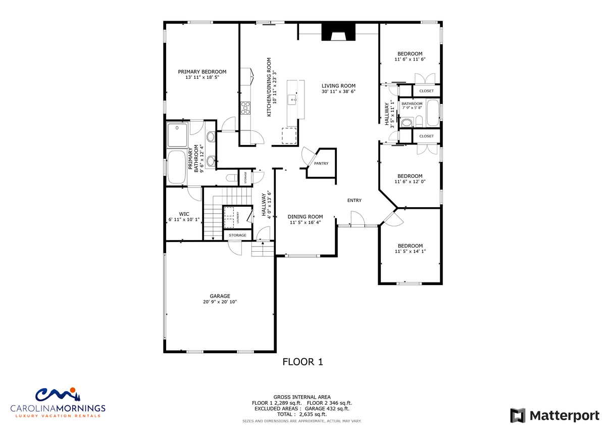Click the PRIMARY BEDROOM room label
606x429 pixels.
202,72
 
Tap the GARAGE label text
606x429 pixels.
220,296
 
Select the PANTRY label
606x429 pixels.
321,164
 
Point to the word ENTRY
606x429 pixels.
355,200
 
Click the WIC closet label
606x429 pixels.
184,214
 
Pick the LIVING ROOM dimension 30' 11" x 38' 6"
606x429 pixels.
338,91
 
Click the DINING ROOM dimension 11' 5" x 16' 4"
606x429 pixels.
305,222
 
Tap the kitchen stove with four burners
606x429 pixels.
245,108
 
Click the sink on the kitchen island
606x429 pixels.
292,100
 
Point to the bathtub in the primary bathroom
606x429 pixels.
177,167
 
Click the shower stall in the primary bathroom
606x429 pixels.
177,135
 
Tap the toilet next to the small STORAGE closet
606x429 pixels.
232,178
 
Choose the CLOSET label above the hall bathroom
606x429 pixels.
426,91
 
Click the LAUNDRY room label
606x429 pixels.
238,217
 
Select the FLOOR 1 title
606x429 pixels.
302,362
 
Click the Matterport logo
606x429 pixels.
554,415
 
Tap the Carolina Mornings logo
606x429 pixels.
58,403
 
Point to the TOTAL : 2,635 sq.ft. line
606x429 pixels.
302,414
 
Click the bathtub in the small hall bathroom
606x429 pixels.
433,113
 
